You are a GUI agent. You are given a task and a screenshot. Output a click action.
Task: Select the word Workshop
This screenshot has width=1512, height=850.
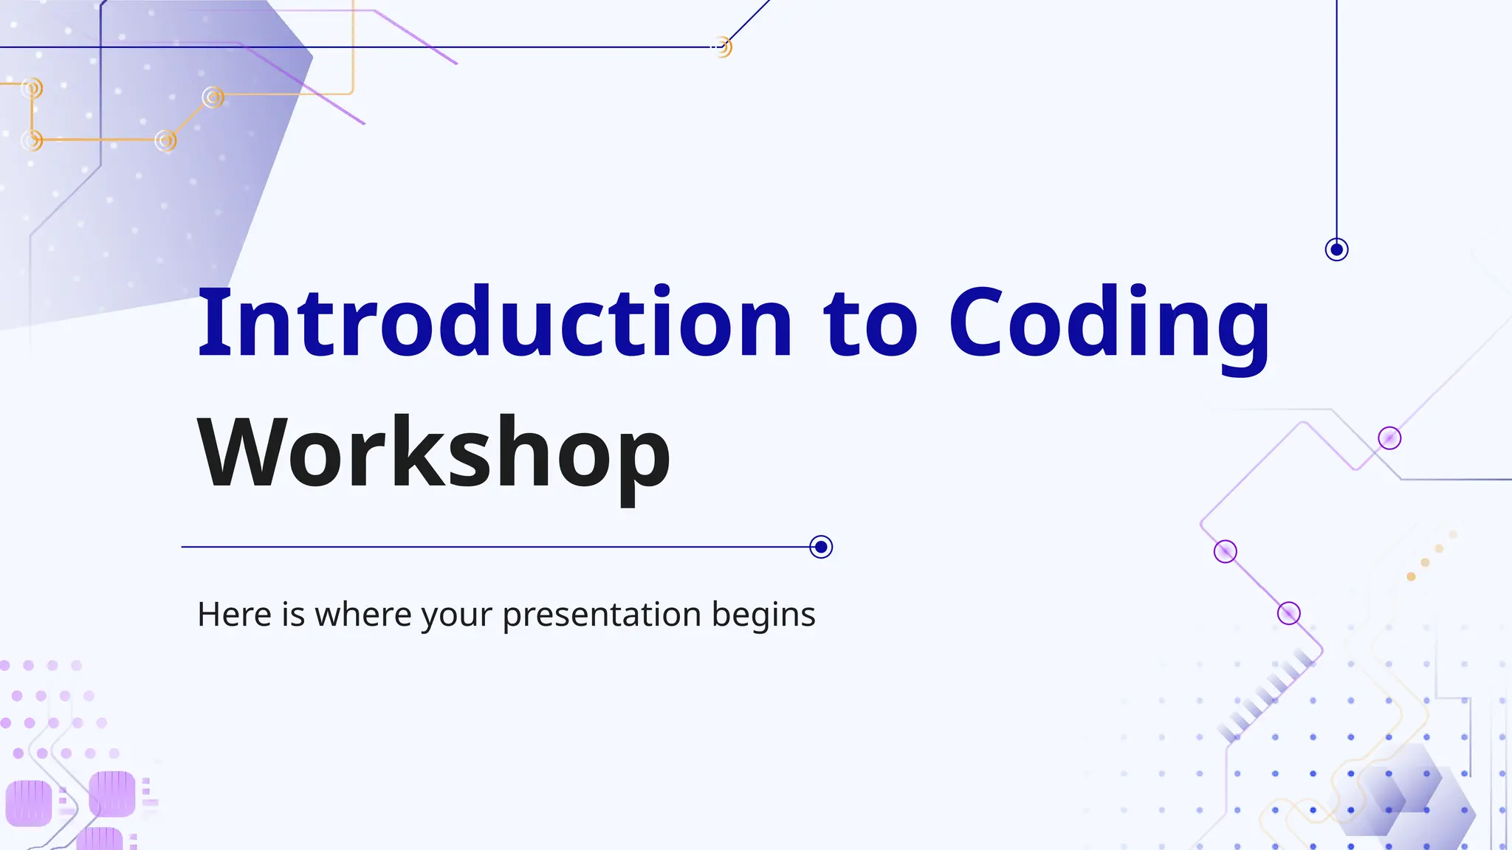click(x=434, y=452)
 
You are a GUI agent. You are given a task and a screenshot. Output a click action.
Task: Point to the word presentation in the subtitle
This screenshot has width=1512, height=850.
click(x=602, y=615)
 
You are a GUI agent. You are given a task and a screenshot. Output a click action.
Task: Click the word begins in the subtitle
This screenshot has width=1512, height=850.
click(x=763, y=615)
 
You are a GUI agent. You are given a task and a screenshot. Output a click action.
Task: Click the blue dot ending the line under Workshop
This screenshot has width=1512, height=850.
click(x=821, y=547)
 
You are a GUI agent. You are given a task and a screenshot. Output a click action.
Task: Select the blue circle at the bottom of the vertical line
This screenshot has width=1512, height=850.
click(x=1336, y=249)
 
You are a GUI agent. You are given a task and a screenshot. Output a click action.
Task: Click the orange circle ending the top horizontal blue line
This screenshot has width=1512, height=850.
click(x=723, y=47)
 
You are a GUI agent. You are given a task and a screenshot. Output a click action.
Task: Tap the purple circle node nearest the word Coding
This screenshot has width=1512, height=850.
click(x=1389, y=438)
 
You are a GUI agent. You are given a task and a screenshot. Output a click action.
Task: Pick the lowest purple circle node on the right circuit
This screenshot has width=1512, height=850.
click(x=1288, y=613)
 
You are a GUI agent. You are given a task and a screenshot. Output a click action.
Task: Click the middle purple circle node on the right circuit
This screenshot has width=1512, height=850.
click(x=1226, y=551)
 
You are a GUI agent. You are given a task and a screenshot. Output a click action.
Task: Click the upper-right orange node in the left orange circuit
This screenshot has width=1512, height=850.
click(x=213, y=97)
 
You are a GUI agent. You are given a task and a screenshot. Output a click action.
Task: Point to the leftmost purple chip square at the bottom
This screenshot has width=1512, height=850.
click(x=29, y=803)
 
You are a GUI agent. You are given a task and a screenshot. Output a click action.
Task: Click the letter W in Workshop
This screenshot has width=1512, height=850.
click(x=240, y=452)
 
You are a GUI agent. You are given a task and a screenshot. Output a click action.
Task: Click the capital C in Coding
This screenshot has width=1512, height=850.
click(x=980, y=323)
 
